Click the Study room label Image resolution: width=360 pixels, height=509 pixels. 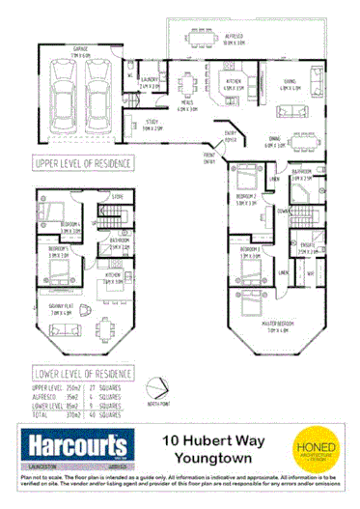151,124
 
